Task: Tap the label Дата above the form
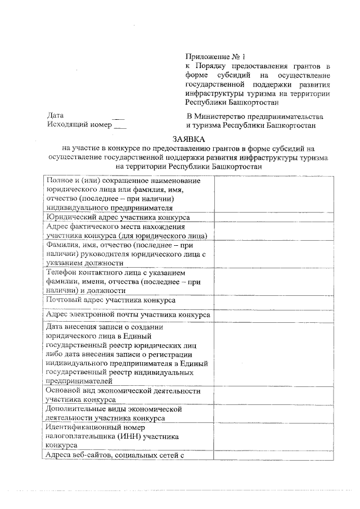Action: [x=56, y=115]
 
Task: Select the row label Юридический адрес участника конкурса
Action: [x=118, y=217]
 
